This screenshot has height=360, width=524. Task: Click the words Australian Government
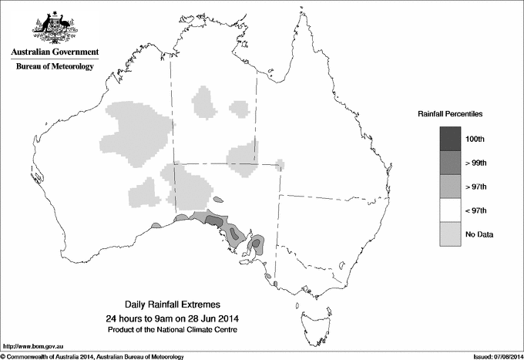(x=55, y=52)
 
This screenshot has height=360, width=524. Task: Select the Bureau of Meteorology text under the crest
(x=55, y=67)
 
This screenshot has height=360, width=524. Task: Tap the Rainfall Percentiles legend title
(x=450, y=114)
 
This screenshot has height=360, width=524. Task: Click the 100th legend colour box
(x=450, y=139)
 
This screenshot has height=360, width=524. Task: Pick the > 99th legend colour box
(x=450, y=163)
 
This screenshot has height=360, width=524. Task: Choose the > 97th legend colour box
(x=450, y=187)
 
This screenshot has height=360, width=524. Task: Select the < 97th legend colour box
(x=450, y=210)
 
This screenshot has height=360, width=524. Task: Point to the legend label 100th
(x=475, y=139)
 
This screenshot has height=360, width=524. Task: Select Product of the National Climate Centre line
(x=177, y=330)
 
